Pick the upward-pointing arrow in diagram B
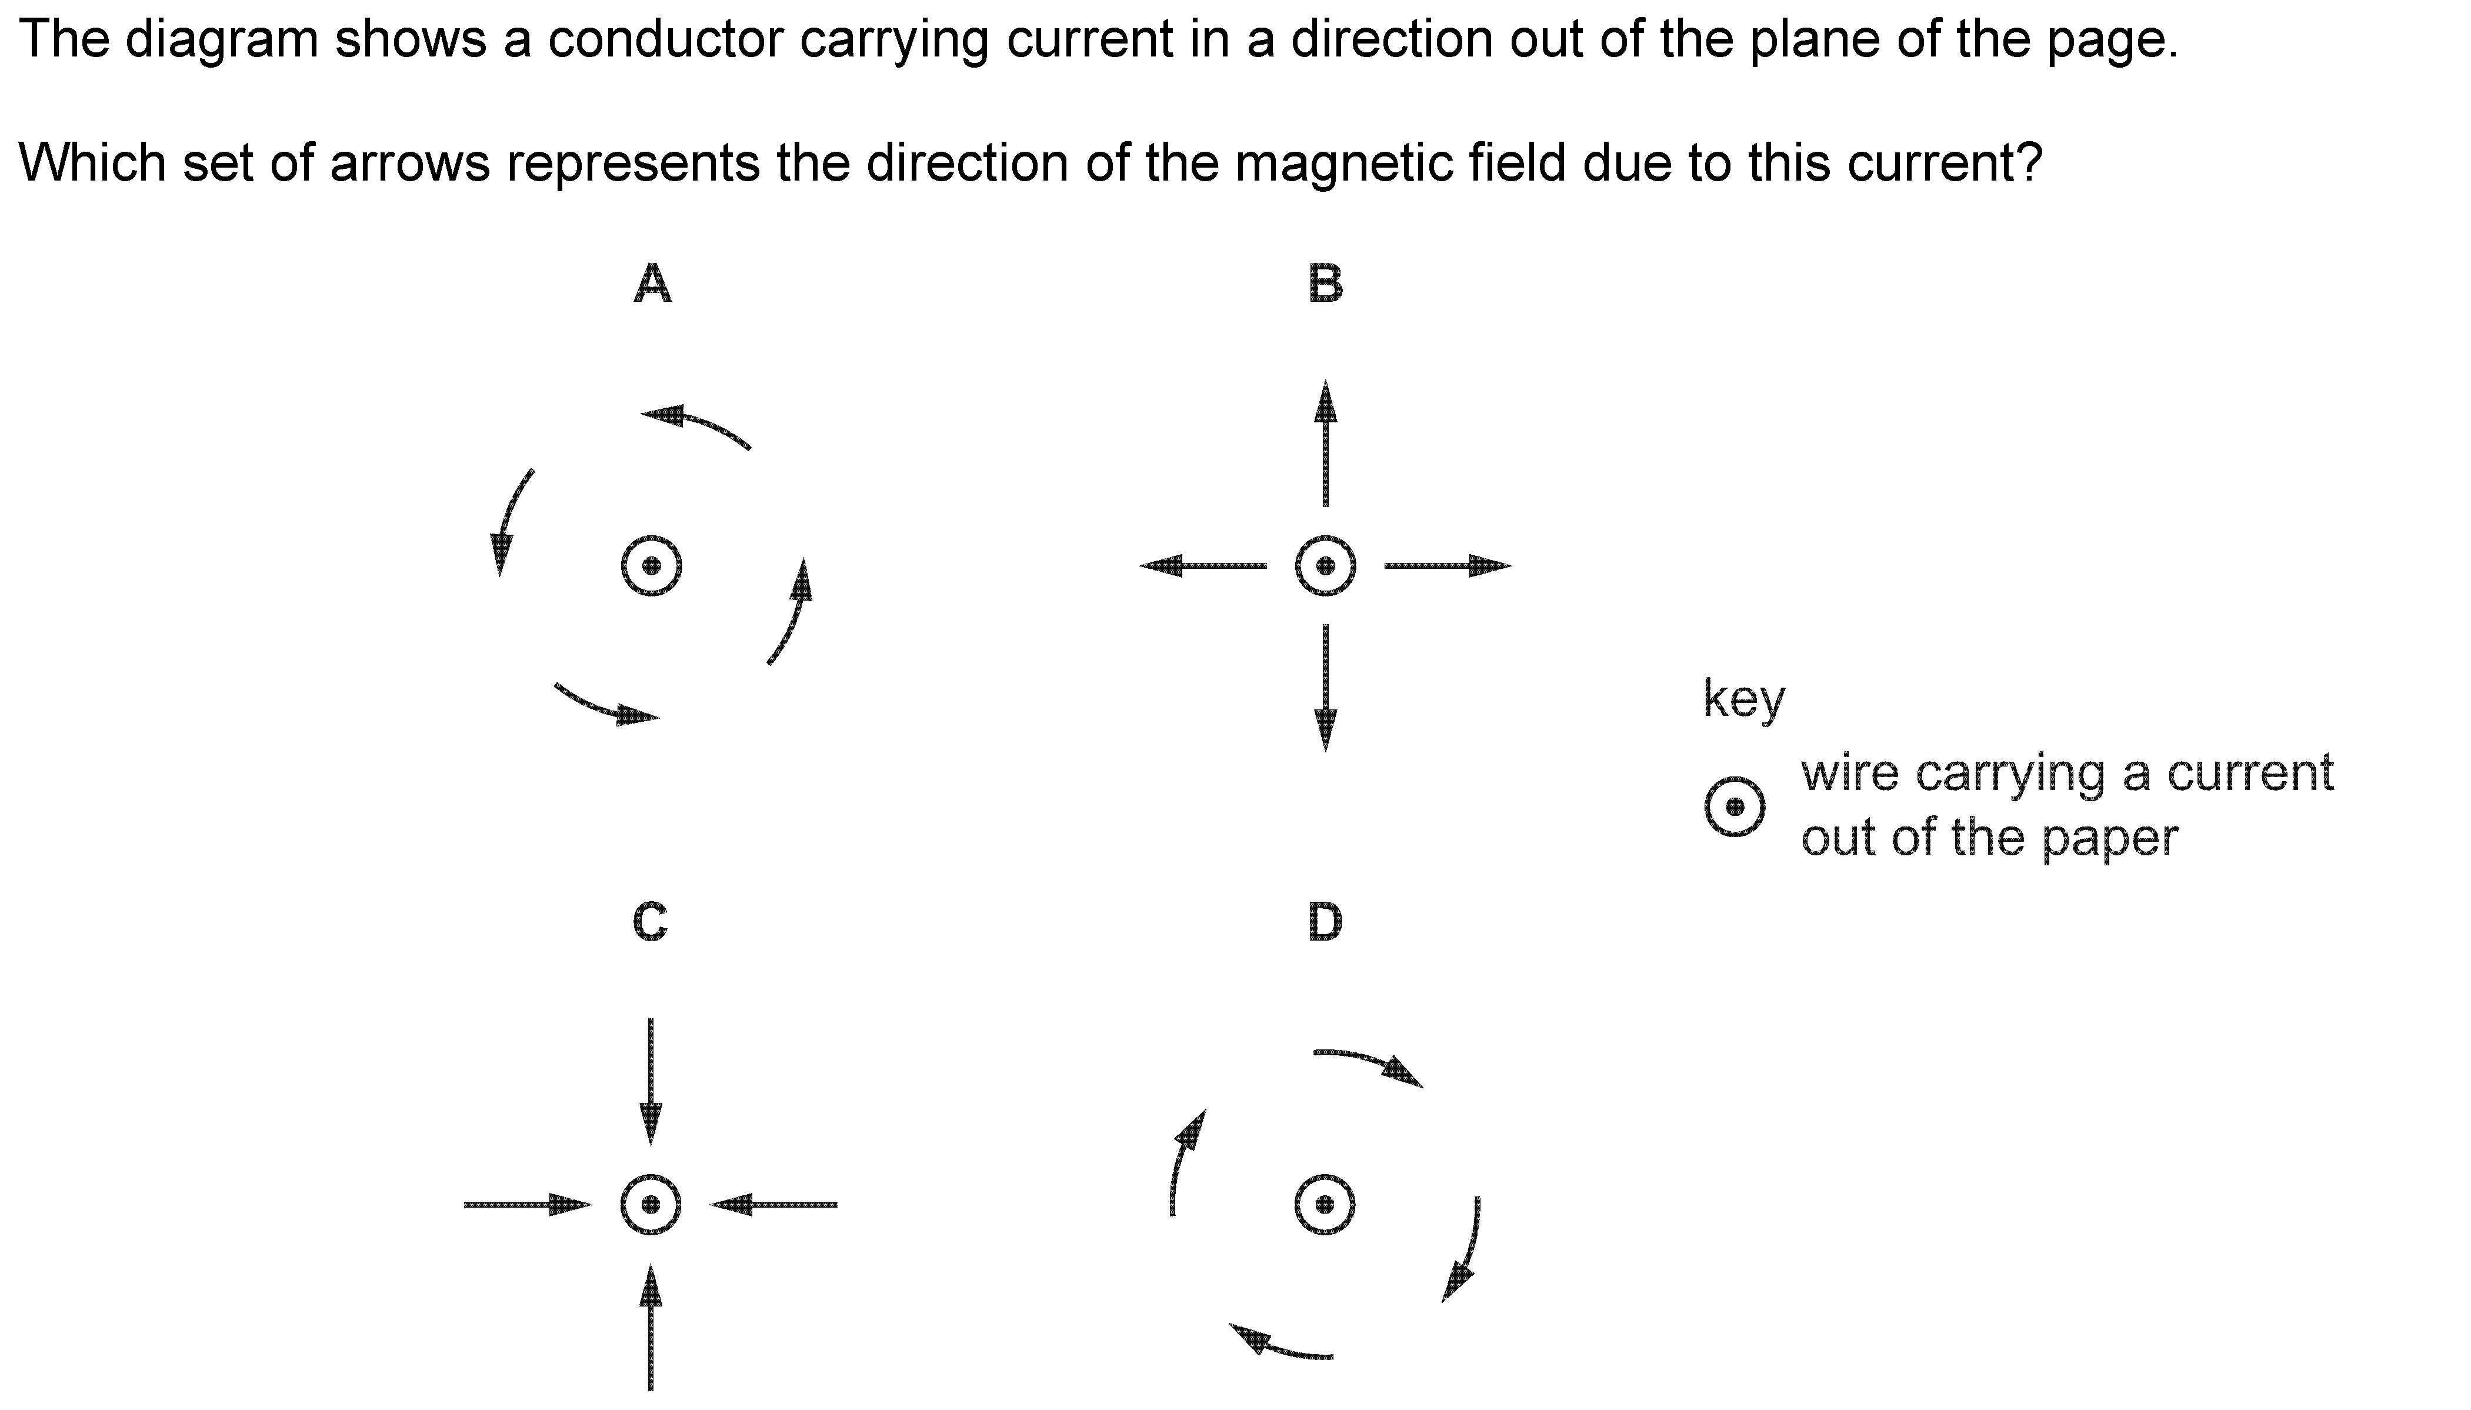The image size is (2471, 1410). point(1326,442)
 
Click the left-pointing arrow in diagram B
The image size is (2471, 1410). point(1203,565)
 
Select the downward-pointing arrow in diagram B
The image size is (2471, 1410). point(1326,689)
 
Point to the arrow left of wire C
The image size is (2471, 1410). point(528,1205)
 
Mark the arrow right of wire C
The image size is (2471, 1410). point(773,1205)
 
